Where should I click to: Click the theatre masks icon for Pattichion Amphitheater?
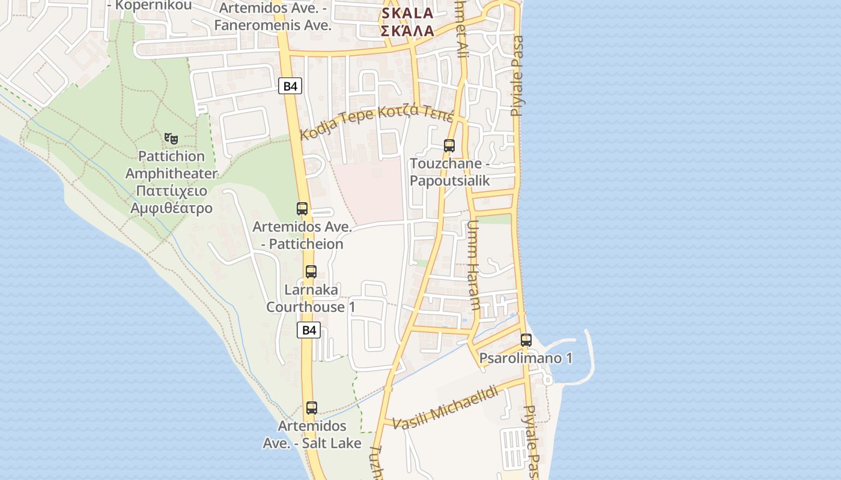(171, 139)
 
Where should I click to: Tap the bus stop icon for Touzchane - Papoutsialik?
(449, 145)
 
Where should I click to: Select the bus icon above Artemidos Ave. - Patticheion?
(302, 209)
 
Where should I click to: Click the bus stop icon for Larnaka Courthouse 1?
(311, 271)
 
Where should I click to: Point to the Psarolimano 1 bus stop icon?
(526, 340)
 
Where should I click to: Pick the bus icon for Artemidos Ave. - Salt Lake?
(311, 408)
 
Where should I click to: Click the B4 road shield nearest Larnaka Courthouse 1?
(309, 329)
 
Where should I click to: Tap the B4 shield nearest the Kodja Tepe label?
(290, 86)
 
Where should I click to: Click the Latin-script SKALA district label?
(407, 13)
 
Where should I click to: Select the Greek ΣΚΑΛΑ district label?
(407, 31)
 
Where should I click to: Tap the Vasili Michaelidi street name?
(446, 408)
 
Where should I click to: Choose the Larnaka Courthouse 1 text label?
(311, 298)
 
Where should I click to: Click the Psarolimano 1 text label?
(526, 359)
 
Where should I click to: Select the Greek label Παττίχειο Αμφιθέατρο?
(172, 200)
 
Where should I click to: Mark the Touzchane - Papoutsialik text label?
(450, 172)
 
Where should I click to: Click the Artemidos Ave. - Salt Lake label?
(312, 434)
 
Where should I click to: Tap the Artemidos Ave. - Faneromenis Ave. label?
(273, 17)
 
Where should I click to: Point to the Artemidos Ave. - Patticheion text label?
(302, 236)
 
